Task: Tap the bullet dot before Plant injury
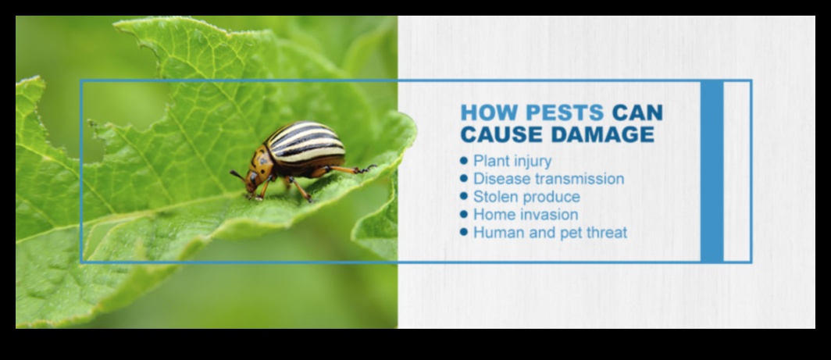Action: [465, 160]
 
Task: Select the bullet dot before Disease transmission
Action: [465, 178]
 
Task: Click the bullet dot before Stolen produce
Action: [465, 196]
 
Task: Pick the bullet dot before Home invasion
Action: [465, 214]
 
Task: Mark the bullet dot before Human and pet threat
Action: [465, 232]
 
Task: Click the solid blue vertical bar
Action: [712, 170]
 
